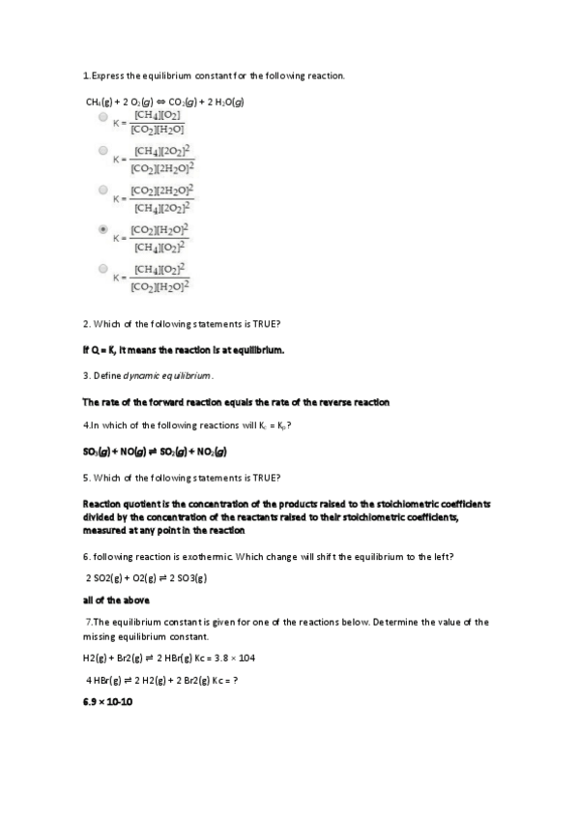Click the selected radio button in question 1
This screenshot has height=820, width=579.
(x=103, y=230)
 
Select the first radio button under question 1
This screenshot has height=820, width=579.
(x=103, y=117)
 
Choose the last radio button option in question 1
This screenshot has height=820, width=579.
(x=103, y=268)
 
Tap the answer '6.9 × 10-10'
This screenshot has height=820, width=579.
(x=108, y=701)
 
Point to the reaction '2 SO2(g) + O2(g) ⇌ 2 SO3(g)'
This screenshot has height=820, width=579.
(x=148, y=578)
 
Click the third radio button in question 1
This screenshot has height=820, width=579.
(x=103, y=190)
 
